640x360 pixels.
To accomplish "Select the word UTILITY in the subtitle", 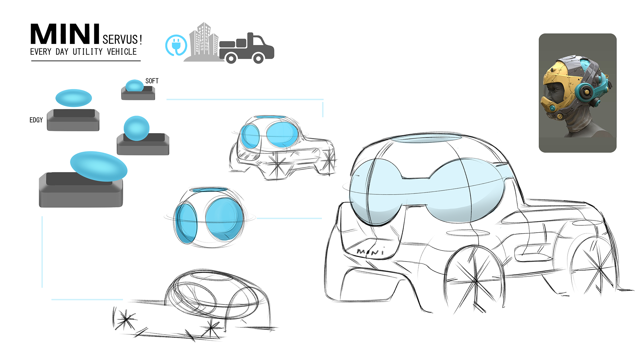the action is [88, 52].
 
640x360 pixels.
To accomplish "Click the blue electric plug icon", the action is [176, 45].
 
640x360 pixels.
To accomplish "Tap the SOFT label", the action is [152, 81].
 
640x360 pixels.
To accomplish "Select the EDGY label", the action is [36, 120].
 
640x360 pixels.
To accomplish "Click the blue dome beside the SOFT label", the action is [135, 86].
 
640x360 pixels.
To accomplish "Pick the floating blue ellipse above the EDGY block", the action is [74, 98].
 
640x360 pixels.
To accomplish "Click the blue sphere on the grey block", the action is [136, 128].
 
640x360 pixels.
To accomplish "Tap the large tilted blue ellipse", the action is [99, 166].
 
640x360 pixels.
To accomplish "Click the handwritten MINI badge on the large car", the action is [370, 252].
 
